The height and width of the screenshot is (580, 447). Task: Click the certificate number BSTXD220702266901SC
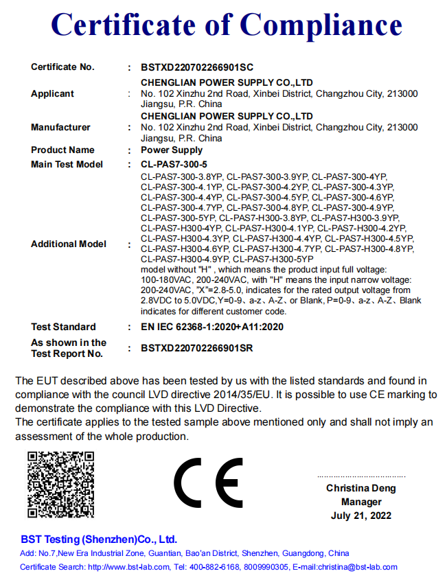tap(197, 67)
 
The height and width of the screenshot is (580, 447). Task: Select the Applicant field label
tap(52, 93)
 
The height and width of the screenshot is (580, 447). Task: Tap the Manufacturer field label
tap(60, 127)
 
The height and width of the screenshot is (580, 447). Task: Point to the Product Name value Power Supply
tap(172, 150)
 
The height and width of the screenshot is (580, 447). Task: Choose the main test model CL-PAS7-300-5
tap(174, 164)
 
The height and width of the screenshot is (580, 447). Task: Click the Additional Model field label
tap(69, 244)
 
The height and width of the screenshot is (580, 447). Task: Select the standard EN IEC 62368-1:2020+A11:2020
tap(212, 327)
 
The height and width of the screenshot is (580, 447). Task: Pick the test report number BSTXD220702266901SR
tap(197, 348)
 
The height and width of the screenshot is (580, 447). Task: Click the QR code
tap(60, 485)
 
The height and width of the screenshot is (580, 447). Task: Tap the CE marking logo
tap(207, 483)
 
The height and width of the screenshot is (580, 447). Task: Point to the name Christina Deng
tap(360, 489)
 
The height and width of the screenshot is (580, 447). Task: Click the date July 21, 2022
tap(360, 515)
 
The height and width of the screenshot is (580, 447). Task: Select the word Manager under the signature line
tap(361, 502)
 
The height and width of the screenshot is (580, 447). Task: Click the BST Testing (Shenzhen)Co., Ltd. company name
tap(99, 539)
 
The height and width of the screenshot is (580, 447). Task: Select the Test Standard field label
tap(63, 327)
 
